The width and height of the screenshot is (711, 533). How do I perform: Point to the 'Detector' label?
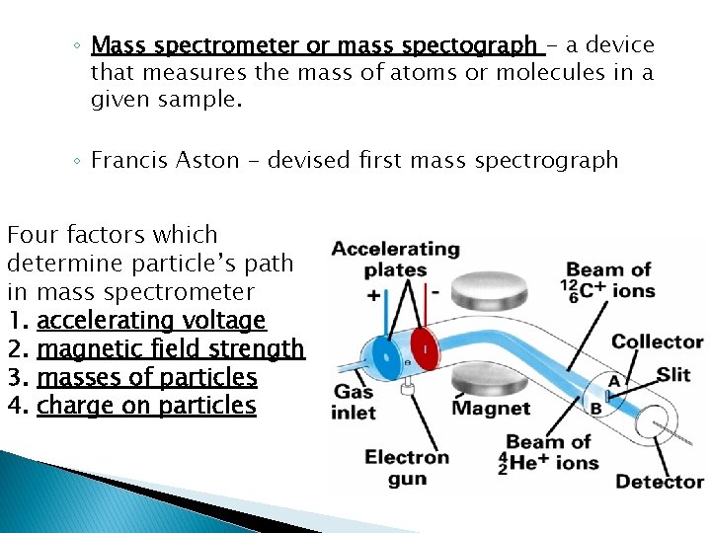pyautogui.click(x=659, y=482)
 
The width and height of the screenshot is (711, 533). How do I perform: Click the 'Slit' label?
pyautogui.click(x=674, y=376)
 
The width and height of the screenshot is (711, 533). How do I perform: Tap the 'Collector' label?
pyautogui.click(x=657, y=343)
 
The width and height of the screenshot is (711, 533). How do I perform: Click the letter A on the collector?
pyautogui.click(x=614, y=382)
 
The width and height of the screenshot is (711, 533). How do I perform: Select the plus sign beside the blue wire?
pyautogui.click(x=373, y=295)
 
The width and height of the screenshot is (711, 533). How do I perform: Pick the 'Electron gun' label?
pyautogui.click(x=407, y=468)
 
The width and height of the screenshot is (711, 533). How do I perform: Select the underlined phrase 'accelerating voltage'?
pyautogui.click(x=151, y=321)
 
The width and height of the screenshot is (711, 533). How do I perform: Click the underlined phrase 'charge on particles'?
pyautogui.click(x=146, y=406)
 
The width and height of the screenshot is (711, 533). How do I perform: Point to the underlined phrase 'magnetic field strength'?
pyautogui.click(x=171, y=349)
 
